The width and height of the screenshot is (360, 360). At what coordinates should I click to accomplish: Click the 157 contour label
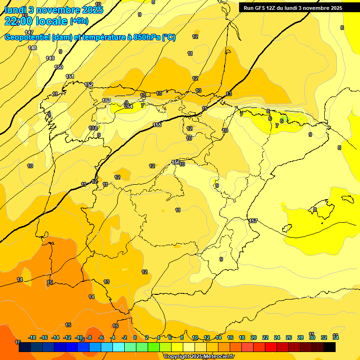click(253, 221)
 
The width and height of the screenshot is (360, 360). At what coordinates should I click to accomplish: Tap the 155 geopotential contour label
click(157, 125)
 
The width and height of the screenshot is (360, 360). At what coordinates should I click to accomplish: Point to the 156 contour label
click(175, 162)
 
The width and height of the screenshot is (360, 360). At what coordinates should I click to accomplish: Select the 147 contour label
click(29, 32)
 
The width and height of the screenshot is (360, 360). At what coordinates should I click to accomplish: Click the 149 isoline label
click(50, 58)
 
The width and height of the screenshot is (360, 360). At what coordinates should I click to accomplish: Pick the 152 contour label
click(89, 85)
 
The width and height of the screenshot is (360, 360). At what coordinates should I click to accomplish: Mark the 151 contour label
click(69, 76)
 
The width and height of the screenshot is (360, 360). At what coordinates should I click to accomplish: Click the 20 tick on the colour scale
click(254, 337)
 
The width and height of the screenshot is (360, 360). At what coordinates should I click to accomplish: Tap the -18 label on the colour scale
click(32, 337)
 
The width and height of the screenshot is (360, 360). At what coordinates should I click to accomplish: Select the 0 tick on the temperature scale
click(135, 337)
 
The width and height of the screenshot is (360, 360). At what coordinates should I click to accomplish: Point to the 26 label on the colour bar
click(289, 337)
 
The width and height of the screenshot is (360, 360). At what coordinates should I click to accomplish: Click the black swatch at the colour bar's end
click(330, 347)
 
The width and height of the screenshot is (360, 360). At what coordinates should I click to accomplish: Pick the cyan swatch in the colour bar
click(119, 347)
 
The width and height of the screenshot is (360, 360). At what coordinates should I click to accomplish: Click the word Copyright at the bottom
click(176, 357)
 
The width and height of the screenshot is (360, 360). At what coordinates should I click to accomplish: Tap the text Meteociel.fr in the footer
click(218, 357)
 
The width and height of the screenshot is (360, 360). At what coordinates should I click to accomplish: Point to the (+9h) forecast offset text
click(79, 21)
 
